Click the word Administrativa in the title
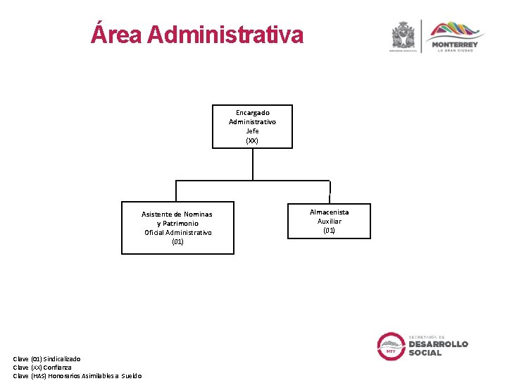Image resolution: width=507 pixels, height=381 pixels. coord(226,34)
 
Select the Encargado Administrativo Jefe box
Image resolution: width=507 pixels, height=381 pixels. coord(252,126)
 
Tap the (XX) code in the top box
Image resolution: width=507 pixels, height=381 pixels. coord(252,140)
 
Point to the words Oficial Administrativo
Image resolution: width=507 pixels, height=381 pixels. coord(177,232)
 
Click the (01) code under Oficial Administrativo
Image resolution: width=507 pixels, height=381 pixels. coord(177,241)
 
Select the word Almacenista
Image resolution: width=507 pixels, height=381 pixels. coord(329,212)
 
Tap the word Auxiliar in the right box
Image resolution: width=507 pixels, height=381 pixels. coord(329,221)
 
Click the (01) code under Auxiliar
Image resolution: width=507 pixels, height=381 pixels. coord(329,230)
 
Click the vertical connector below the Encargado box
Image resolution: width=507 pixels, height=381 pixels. coord(252,164)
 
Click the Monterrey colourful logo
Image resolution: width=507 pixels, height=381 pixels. coord(456,31)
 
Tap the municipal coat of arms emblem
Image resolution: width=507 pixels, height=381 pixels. coord(403,35)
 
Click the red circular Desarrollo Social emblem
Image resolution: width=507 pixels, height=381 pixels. coord(391,346)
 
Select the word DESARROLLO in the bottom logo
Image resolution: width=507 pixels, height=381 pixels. coord(438,344)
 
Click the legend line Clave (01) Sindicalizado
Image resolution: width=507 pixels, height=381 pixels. coord(46,359)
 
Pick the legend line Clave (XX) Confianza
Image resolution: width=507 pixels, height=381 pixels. coord(42,367)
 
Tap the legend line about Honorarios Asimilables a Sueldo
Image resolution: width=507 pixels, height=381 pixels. coord(77,375)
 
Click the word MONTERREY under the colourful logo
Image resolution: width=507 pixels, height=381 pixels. coord(456,44)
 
